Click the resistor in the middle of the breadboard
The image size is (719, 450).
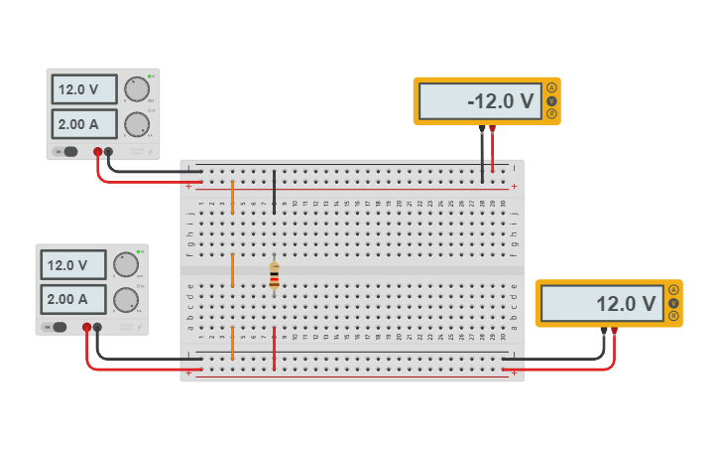tap(274, 275)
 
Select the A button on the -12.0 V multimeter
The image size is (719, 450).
tap(551, 88)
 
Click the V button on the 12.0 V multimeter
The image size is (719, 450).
tap(673, 303)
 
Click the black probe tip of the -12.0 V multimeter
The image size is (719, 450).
tap(482, 129)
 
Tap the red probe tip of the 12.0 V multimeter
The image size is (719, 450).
tap(615, 331)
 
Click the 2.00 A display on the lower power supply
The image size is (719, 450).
tap(72, 299)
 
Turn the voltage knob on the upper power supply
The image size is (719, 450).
tap(137, 88)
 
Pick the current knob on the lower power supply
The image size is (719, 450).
tap(125, 299)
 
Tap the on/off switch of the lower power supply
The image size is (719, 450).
tap(60, 327)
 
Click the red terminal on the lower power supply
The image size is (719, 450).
tap(86, 327)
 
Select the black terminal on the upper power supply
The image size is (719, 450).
tap(109, 152)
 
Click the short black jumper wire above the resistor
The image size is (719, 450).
tap(275, 192)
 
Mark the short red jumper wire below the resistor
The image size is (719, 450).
tap(274, 348)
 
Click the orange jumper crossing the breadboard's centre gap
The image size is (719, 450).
tap(232, 270)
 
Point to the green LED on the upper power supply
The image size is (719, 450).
tap(150, 76)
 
